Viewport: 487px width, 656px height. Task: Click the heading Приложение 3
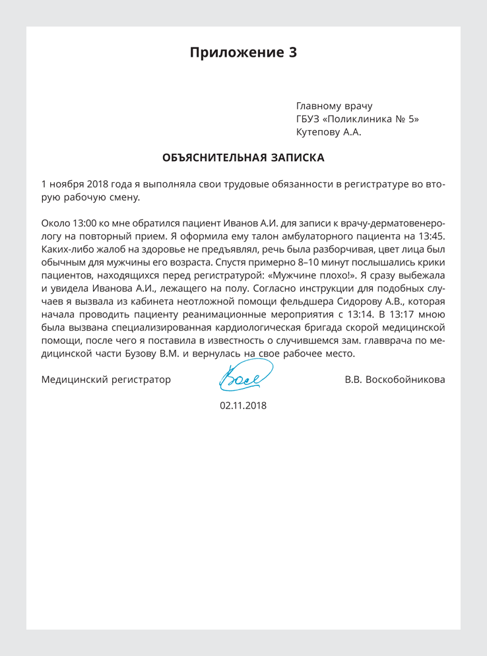[243, 53]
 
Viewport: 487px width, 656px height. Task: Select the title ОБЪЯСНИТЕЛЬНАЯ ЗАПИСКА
[243, 158]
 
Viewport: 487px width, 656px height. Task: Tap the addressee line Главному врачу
[334, 106]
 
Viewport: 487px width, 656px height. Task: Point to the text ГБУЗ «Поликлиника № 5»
[357, 119]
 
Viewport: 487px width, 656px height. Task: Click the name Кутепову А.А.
[329, 133]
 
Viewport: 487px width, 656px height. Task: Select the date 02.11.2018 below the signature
[243, 406]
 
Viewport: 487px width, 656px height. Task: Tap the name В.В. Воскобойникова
[395, 379]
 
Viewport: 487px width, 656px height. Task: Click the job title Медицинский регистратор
[106, 379]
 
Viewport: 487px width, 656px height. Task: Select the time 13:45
[432, 236]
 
